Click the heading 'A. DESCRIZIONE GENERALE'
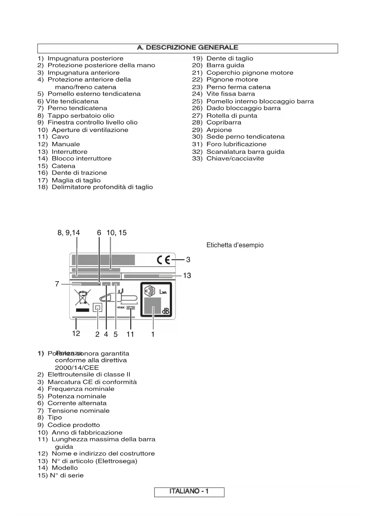coord(188,48)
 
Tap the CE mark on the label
coord(163,260)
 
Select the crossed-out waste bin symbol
coord(82,297)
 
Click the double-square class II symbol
coord(97,308)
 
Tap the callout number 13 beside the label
coord(187,275)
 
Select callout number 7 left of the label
coord(57,284)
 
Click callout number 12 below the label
coord(76,333)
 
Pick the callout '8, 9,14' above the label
coord(68,233)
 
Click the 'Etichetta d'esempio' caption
coord(235,245)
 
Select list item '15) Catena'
coord(56,166)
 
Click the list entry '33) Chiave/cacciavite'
coord(228,159)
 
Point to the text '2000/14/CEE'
coord(77,368)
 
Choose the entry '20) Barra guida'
coord(218,65)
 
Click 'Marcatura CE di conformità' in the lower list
coord(92,382)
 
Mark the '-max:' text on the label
coord(121,308)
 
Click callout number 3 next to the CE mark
coord(188,260)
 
